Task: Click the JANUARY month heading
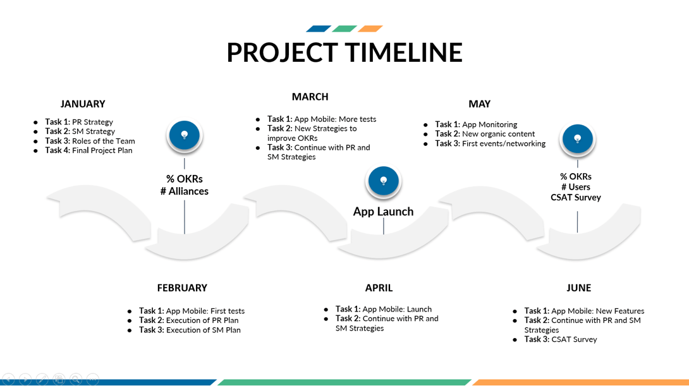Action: [83, 104]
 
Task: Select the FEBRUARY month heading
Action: [182, 288]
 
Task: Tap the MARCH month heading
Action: [310, 97]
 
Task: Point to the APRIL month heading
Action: [379, 288]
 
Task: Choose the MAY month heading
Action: [479, 104]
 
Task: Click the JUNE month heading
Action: [579, 288]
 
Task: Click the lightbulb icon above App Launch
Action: [383, 181]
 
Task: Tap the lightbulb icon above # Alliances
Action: [185, 135]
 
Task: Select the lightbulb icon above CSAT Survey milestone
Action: [577, 139]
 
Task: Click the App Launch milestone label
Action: [383, 211]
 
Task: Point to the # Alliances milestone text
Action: [185, 191]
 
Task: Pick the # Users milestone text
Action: [576, 187]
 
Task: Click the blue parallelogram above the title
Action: [319, 29]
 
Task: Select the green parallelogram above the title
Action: [344, 29]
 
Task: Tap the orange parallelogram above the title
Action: [370, 29]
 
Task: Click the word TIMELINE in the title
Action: [403, 52]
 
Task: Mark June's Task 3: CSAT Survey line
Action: [561, 339]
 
